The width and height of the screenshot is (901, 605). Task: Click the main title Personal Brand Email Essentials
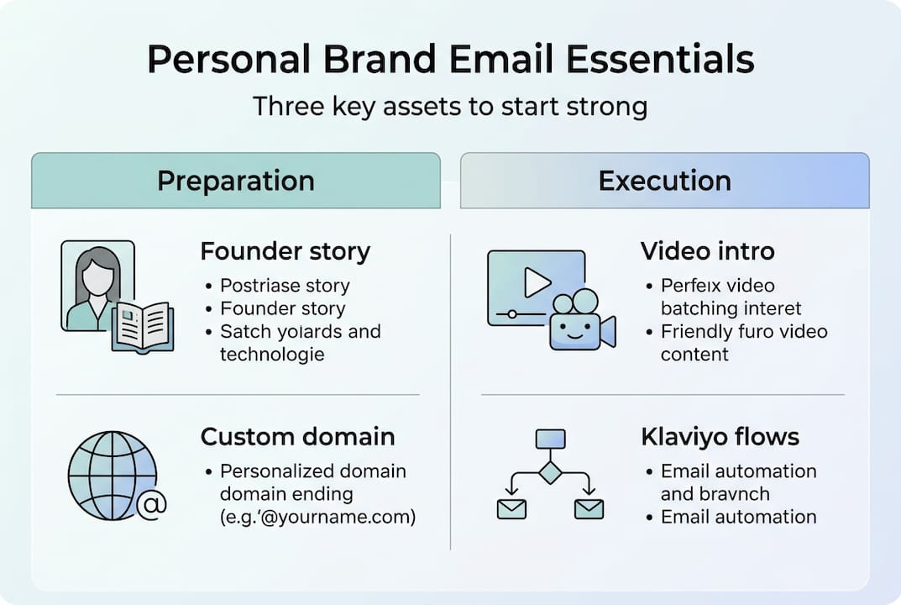450,60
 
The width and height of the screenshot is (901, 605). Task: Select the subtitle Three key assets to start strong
450,108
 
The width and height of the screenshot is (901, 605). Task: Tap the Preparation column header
236,181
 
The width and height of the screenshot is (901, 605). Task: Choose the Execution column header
664,181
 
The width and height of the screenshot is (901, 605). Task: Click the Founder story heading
285,251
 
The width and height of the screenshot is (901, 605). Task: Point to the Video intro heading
708,251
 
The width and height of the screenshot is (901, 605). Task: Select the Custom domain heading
297,437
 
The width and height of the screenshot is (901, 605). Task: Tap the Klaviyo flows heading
720,437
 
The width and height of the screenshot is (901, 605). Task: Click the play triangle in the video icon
537,283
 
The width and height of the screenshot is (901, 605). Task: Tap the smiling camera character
578,324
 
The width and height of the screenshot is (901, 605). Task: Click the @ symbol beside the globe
152,505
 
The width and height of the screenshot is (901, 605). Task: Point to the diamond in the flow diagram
549,472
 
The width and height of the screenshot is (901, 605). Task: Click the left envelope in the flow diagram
511,508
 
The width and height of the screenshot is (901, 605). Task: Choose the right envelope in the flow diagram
589,508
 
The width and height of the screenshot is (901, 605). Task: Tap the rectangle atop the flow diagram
549,439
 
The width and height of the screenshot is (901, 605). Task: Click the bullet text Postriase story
285,286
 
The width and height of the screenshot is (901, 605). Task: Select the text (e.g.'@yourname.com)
317,517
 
